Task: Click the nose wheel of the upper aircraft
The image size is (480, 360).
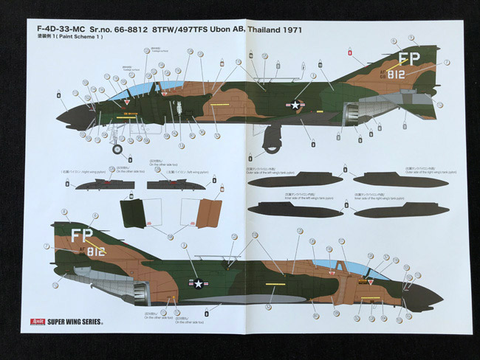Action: (117, 150)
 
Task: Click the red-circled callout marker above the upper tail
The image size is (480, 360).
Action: (349, 52)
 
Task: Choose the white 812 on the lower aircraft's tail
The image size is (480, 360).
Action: (96, 252)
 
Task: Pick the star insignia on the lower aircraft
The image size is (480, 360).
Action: (199, 283)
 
